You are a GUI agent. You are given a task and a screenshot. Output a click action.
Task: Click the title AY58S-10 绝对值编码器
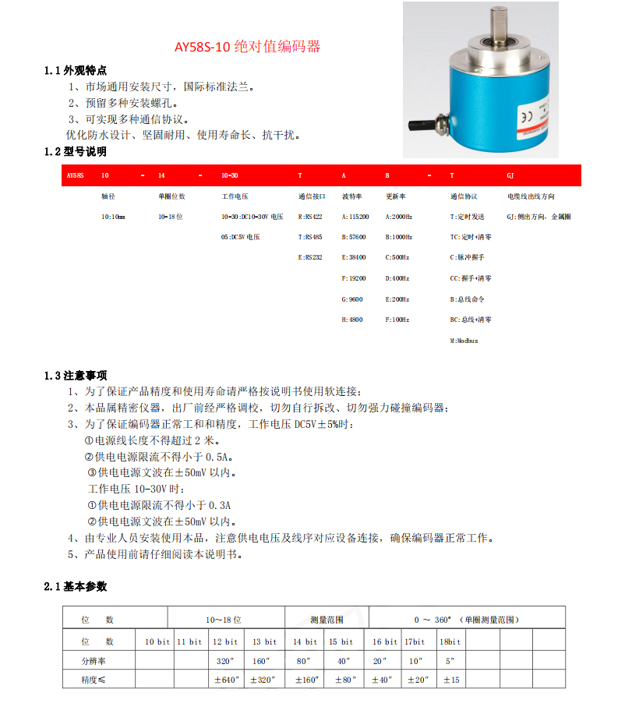247,47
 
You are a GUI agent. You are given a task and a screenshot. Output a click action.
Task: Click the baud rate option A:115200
355,217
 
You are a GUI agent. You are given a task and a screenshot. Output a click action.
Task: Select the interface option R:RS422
310,217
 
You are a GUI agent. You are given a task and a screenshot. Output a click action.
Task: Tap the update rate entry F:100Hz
398,320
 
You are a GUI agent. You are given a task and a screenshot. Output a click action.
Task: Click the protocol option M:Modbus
464,341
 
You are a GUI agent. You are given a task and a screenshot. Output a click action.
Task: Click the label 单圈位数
171,196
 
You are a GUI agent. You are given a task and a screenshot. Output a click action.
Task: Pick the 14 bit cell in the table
305,642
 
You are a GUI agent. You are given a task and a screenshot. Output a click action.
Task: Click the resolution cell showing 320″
226,660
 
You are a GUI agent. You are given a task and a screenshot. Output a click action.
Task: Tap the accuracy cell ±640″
226,680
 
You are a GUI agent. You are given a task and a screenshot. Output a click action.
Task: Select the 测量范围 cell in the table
326,620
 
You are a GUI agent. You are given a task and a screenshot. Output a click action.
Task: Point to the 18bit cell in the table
450,642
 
